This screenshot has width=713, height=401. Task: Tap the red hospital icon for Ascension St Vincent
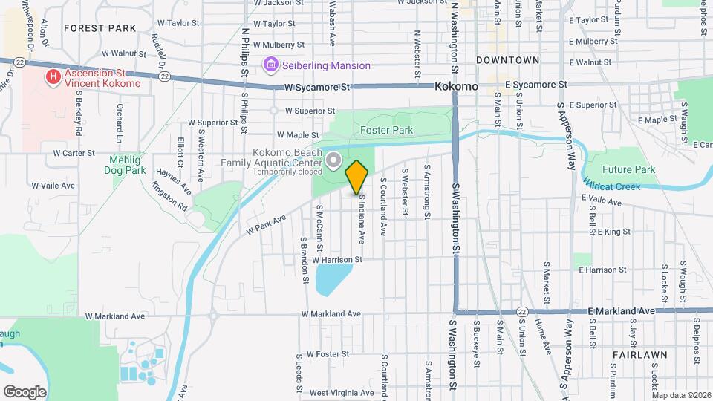[x=53, y=77]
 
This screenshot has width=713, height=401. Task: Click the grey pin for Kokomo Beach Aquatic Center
[x=333, y=160]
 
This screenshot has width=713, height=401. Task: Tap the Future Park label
[x=628, y=169]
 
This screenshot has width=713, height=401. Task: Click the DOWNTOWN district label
[x=508, y=59]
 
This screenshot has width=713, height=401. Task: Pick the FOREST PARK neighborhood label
[x=100, y=28]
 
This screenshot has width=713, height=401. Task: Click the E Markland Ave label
[x=622, y=310]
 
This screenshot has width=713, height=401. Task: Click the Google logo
[x=25, y=391]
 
